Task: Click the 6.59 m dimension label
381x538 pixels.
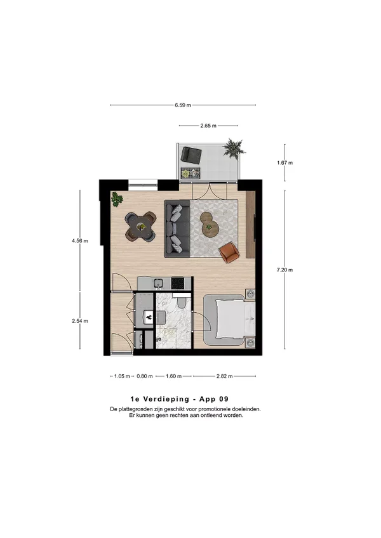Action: coord(183,105)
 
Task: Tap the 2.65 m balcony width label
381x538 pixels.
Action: coord(208,126)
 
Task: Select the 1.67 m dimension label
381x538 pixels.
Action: coord(285,162)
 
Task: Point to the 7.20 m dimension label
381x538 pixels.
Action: coord(285,270)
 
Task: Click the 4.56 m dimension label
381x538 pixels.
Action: coord(80,241)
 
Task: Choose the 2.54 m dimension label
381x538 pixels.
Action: coord(80,321)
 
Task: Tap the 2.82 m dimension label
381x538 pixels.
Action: coord(224,376)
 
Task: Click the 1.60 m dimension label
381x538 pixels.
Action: coord(173,376)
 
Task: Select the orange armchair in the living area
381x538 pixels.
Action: coord(229,253)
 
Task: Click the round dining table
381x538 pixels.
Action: coord(140,226)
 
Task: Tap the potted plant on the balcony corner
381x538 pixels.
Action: coord(234,148)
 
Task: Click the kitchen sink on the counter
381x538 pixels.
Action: coord(158,284)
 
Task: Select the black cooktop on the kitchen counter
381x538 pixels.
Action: coord(178,283)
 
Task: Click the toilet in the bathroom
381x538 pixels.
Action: coord(181,302)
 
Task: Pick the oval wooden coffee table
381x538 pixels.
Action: coord(209,225)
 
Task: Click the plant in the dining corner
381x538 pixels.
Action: coord(117,199)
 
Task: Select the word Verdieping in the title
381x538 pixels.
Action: coord(166,399)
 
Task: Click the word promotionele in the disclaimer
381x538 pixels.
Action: coord(212,409)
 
